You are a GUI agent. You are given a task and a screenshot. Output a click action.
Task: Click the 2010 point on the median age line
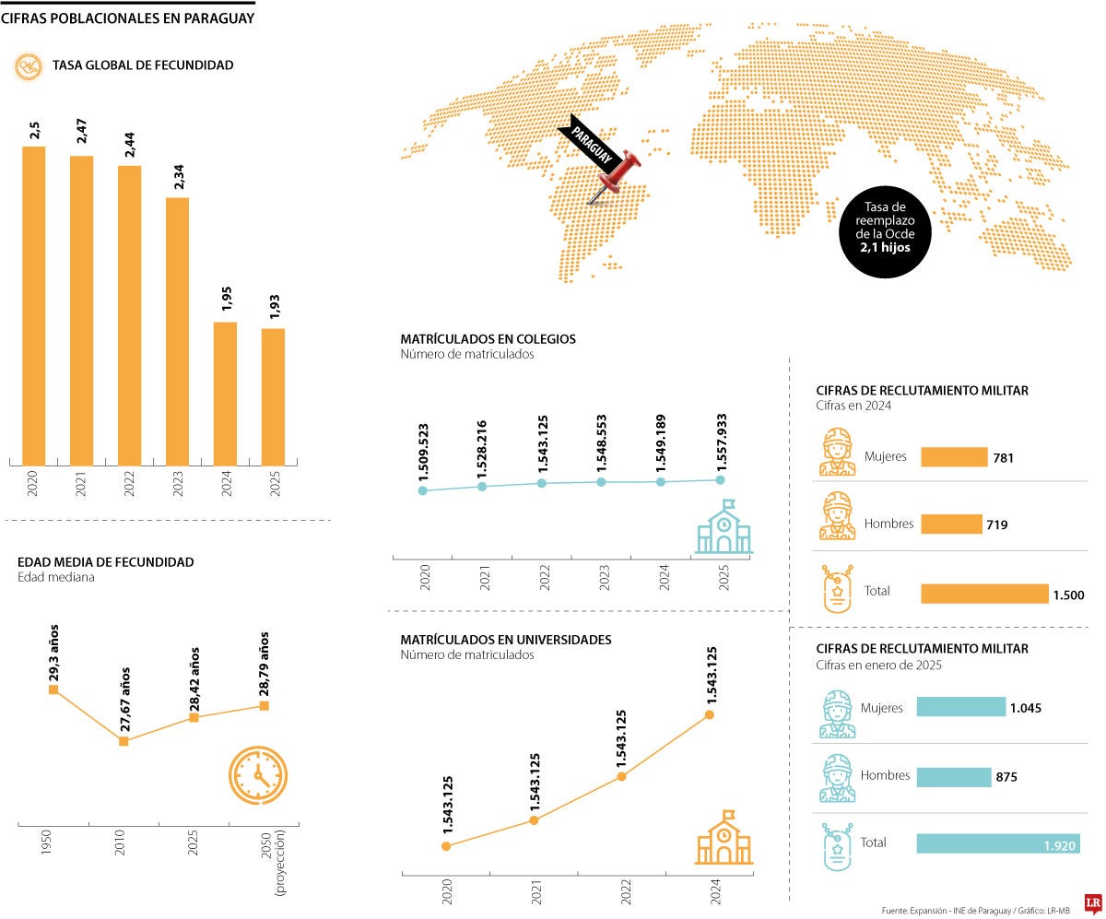[124, 740]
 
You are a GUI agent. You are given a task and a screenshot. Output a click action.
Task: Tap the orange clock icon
[257, 773]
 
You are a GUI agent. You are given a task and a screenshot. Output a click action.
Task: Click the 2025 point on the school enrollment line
[720, 479]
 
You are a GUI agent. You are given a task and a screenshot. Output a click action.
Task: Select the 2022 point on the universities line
[621, 776]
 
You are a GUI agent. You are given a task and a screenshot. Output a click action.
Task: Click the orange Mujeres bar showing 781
[953, 457]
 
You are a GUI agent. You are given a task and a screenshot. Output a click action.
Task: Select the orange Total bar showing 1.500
[984, 594]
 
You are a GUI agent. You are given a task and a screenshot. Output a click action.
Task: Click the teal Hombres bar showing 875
[953, 776]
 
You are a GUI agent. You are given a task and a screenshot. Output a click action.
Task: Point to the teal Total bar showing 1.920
[997, 843]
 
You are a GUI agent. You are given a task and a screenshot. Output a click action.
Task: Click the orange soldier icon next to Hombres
[838, 515]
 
